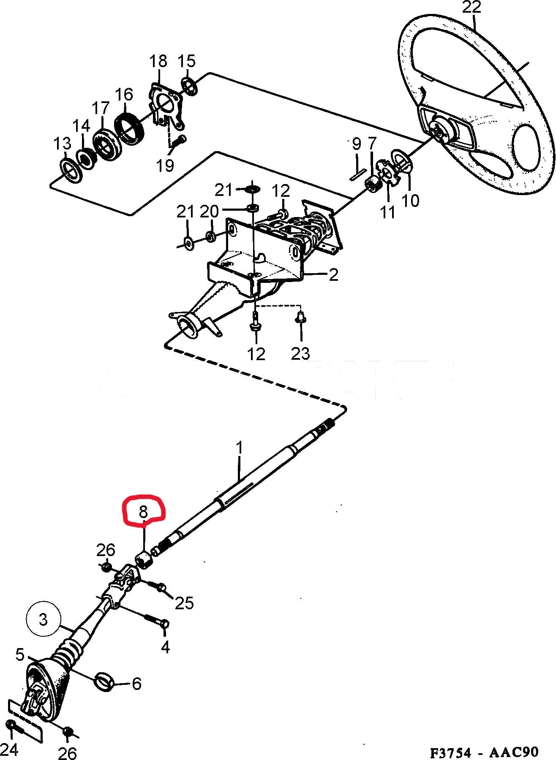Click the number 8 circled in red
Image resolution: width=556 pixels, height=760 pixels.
(143, 512)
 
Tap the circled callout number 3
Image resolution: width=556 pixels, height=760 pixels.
(44, 620)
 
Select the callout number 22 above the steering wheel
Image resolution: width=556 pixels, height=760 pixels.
(472, 8)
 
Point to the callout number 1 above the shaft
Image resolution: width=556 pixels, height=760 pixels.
(240, 448)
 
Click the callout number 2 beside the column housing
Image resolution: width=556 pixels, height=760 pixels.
(333, 275)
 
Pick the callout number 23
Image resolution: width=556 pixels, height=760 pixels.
(300, 353)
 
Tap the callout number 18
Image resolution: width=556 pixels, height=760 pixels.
(158, 62)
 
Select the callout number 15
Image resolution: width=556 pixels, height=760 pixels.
(187, 61)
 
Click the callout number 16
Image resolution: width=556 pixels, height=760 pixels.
(124, 94)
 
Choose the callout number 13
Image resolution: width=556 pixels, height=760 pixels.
(62, 144)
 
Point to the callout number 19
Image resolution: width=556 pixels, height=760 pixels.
(165, 165)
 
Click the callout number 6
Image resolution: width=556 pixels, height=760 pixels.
(136, 684)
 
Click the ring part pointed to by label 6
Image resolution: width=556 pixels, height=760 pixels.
(104, 682)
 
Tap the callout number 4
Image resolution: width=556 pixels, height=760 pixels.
(165, 646)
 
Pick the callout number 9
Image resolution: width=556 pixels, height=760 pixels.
(357, 144)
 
